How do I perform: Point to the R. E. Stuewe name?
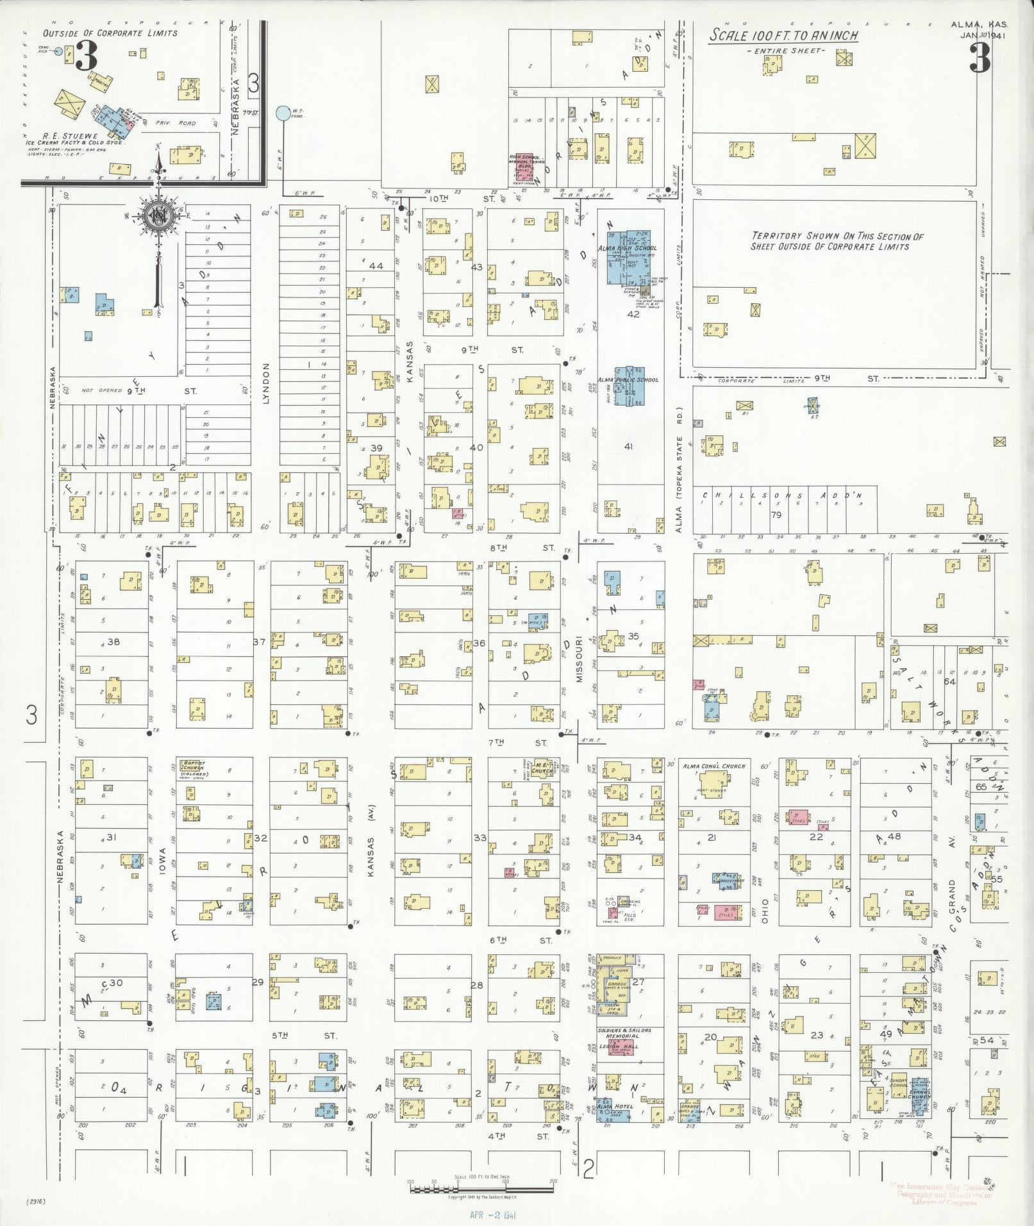(x=65, y=136)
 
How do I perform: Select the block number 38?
(x=113, y=642)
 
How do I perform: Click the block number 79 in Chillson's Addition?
(x=776, y=515)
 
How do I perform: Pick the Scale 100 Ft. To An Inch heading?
(x=783, y=36)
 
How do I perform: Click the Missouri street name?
(x=578, y=658)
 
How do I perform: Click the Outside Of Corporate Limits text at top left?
(x=110, y=33)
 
